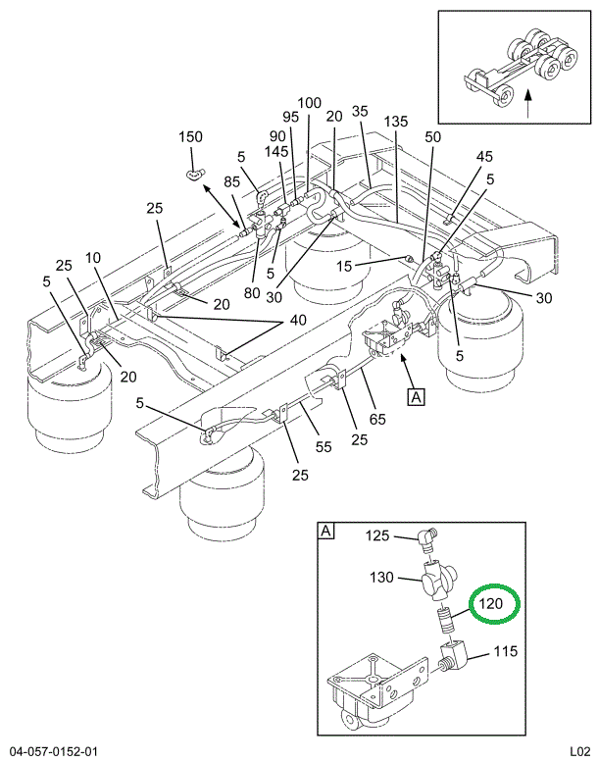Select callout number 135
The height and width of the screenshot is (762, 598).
pyautogui.click(x=396, y=122)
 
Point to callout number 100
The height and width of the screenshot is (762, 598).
pyautogui.click(x=309, y=102)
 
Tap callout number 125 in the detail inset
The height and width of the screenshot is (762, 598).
pyautogui.click(x=378, y=535)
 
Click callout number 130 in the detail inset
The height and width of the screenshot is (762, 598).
pyautogui.click(x=383, y=577)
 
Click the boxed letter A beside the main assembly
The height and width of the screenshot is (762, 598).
pyautogui.click(x=417, y=397)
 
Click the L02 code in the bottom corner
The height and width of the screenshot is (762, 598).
pyautogui.click(x=577, y=751)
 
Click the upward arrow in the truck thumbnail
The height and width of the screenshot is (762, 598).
pyautogui.click(x=528, y=103)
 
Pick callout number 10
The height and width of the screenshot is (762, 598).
pyautogui.click(x=93, y=258)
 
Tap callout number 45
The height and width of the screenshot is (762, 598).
pyautogui.click(x=484, y=156)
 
